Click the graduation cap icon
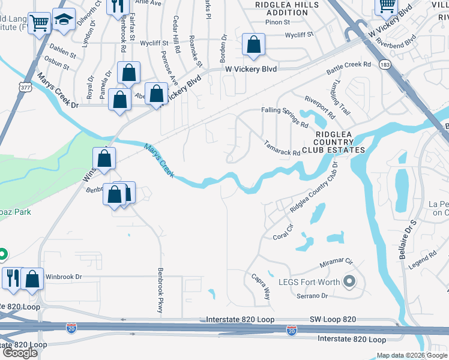[64, 20]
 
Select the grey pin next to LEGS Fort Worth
[349, 281]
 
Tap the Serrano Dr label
[312, 296]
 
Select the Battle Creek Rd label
[349, 68]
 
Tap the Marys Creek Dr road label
[58, 105]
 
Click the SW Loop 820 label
[333, 320]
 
